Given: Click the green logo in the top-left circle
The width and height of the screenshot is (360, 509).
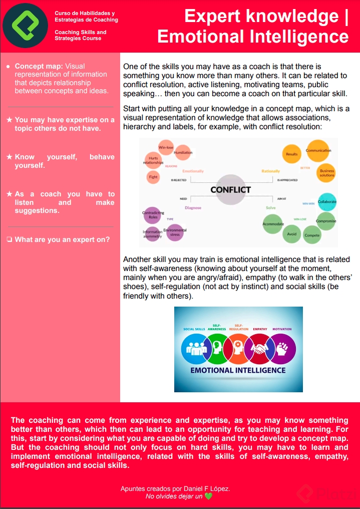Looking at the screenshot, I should coord(25,26).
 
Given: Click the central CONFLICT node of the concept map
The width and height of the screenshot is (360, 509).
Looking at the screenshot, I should coord(230,189).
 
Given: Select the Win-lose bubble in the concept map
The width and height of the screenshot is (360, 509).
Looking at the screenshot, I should coord(166,147).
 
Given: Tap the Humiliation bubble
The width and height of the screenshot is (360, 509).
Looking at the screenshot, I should coord(182,153).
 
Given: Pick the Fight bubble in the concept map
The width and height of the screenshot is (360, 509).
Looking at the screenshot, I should coord(153,177).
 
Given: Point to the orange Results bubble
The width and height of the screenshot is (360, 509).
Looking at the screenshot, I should coord(292,154).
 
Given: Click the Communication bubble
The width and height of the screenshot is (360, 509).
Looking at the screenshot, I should coord(318,151).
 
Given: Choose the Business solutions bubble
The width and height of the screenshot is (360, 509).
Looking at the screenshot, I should coord(326,173).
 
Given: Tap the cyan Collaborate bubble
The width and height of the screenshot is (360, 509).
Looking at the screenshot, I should coord(327,202).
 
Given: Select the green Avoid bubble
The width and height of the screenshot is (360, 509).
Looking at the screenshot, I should coord(292,234).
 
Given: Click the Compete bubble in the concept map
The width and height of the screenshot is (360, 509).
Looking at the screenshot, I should coord(312,235).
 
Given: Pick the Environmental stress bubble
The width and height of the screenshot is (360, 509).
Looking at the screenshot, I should coord(175,232).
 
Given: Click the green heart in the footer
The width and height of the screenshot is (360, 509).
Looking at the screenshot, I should coord(208,496).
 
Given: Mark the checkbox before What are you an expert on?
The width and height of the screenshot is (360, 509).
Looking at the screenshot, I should coord(10,239).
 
